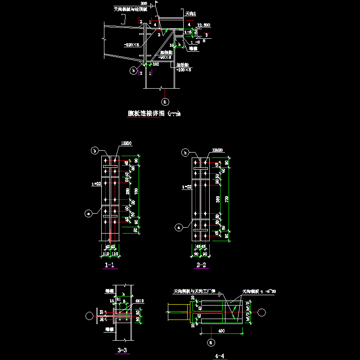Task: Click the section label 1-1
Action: coord(109,265)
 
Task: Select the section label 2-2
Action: coord(201,265)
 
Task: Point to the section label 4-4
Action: coord(220,356)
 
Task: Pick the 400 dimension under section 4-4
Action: coord(221,331)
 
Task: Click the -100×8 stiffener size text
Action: coord(184,69)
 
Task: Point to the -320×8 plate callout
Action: coord(131,45)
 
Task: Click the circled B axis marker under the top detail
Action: coord(165,101)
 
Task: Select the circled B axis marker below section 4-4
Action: coord(210,343)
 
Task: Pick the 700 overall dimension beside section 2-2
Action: coord(226,199)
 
